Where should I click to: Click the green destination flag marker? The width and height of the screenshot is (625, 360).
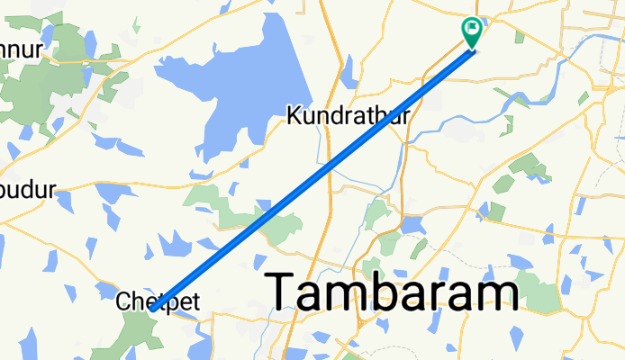click(472, 31)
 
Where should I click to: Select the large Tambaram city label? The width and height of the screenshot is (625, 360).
click(393, 293)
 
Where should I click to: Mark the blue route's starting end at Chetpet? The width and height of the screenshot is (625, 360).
click(154, 310)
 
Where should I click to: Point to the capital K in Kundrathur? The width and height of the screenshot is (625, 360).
click(294, 115)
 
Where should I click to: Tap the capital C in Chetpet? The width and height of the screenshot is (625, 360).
click(124, 301)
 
